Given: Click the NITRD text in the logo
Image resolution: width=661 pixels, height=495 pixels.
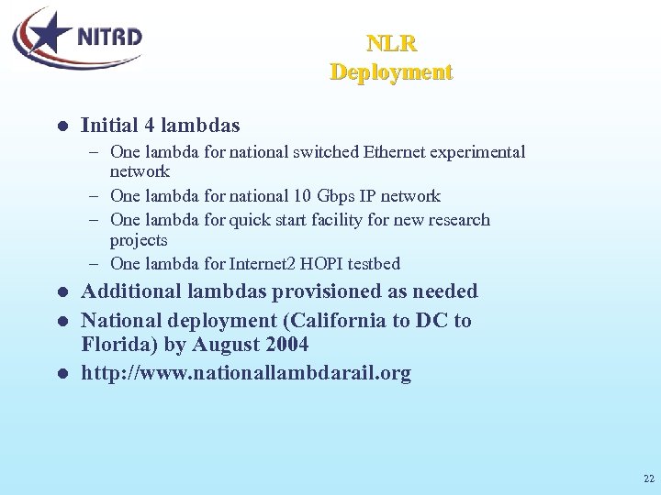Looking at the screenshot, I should click(x=109, y=38).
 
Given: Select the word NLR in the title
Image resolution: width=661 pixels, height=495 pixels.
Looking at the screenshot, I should click(x=391, y=43).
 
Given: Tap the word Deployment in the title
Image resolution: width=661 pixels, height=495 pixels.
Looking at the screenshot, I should click(x=391, y=71).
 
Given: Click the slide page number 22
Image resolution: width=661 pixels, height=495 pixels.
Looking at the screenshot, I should click(x=648, y=478).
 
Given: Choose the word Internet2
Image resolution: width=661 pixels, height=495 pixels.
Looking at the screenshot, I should click(x=260, y=264).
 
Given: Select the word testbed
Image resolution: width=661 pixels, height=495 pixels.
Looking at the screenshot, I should click(x=370, y=264).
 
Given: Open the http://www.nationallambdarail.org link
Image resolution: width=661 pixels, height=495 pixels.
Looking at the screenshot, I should click(x=246, y=373).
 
